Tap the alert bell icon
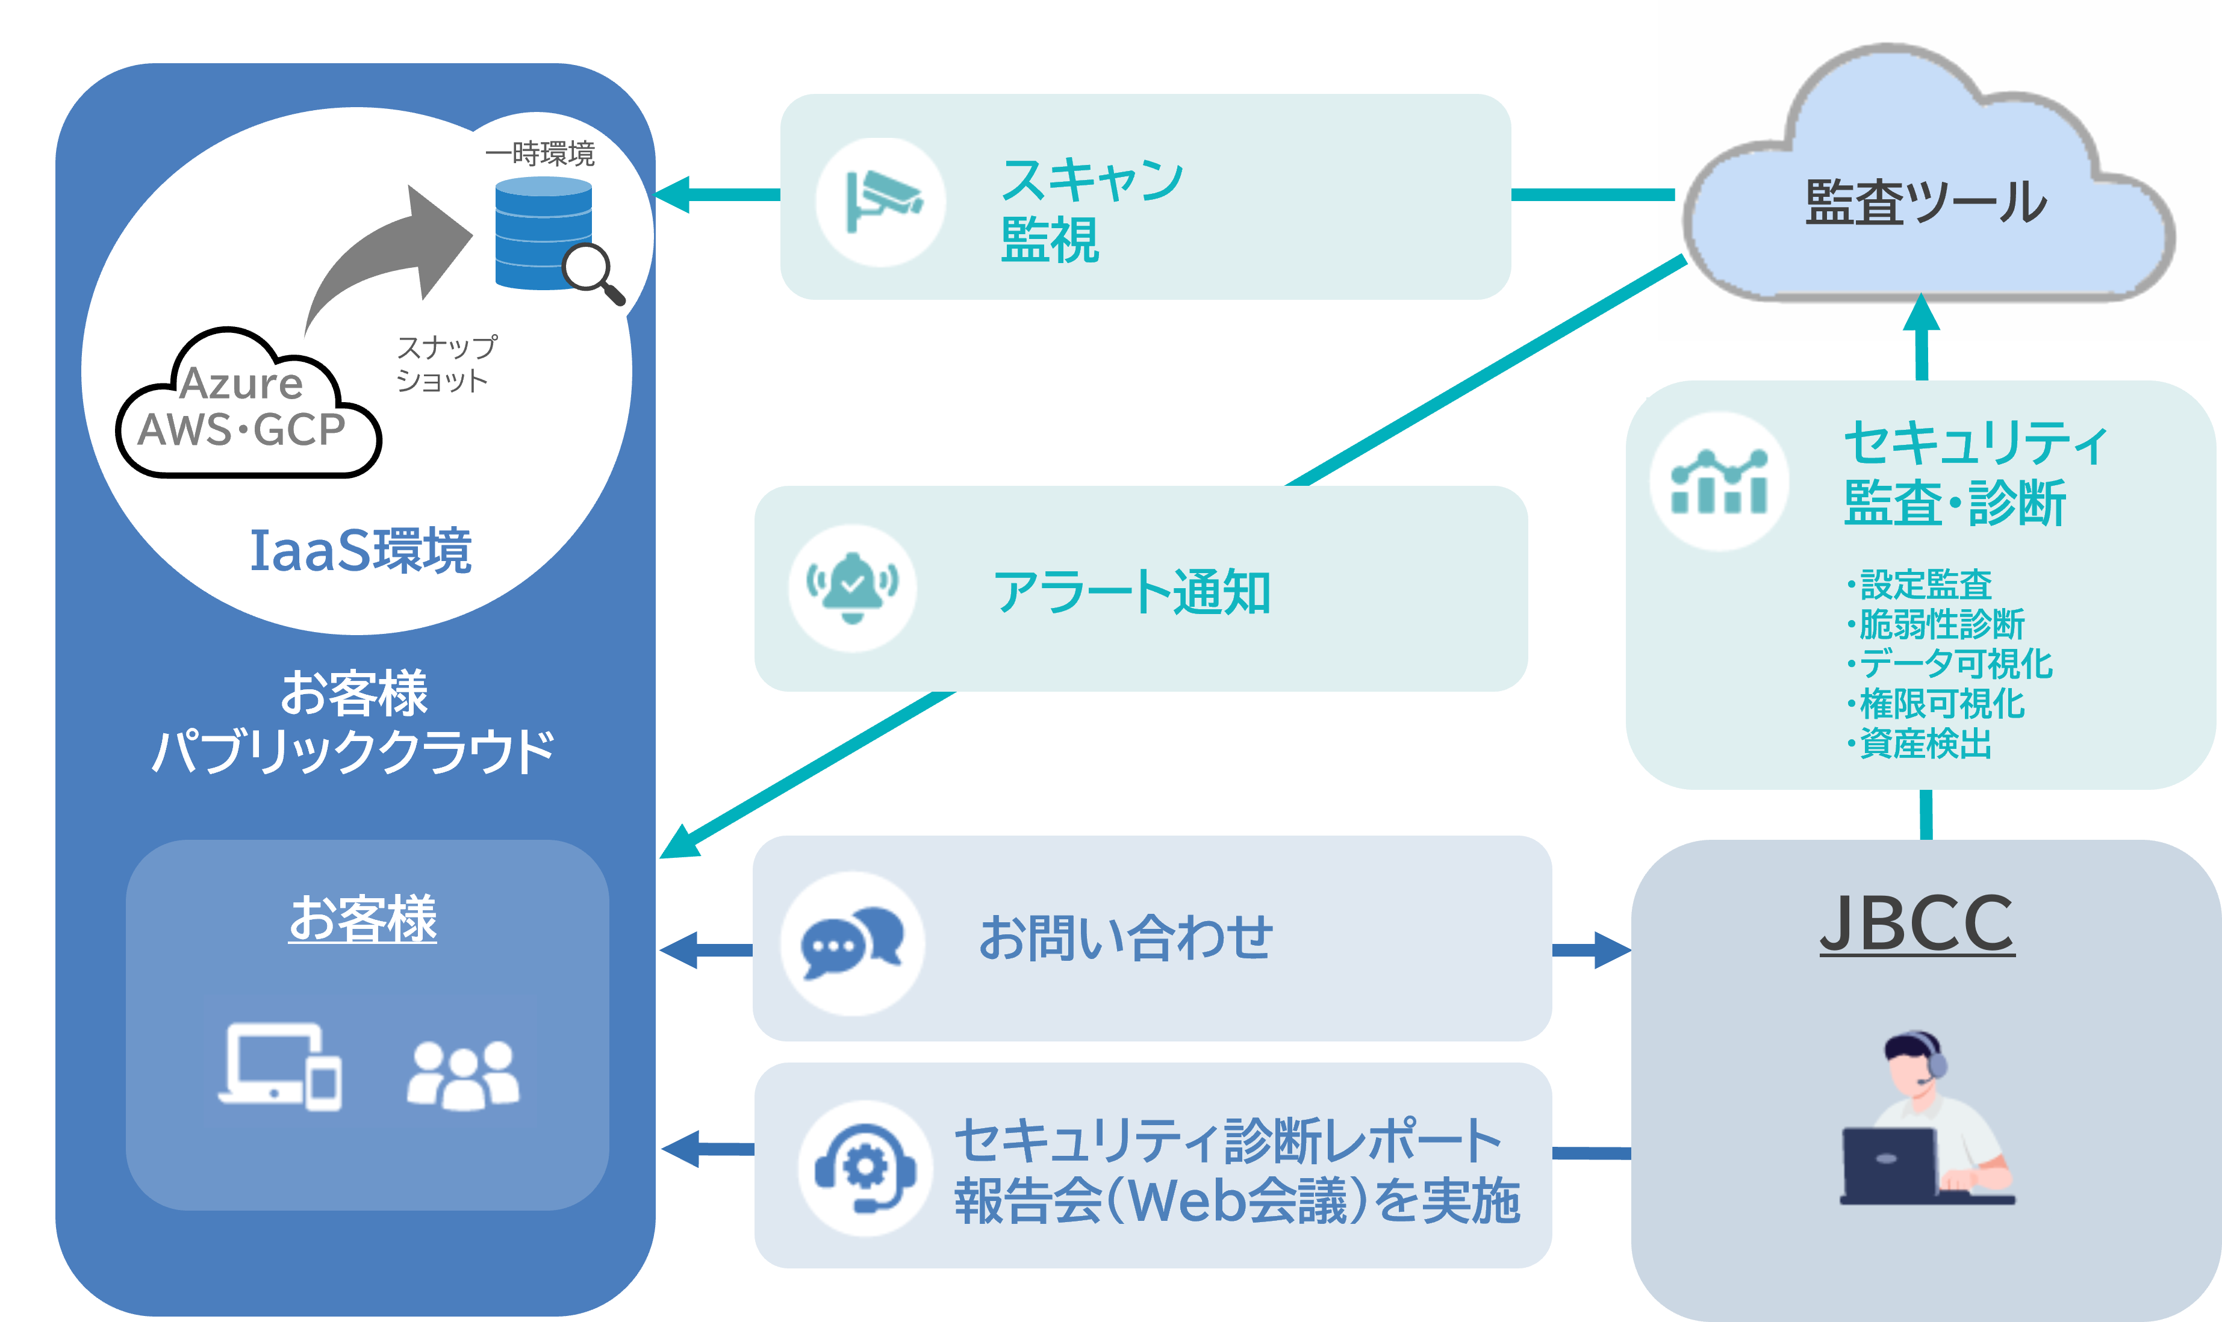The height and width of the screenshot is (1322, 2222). (x=853, y=588)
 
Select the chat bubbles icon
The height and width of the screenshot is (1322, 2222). (x=853, y=943)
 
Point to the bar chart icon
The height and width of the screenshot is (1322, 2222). (x=1719, y=482)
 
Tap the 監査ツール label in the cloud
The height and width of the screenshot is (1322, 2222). (x=1925, y=203)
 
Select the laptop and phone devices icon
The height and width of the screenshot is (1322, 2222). (x=281, y=1066)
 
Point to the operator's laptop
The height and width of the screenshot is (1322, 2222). (x=1889, y=1162)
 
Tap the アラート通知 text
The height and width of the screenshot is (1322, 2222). (x=1131, y=592)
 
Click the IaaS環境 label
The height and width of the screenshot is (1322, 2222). (x=360, y=551)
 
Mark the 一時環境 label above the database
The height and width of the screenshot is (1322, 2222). (x=539, y=154)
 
